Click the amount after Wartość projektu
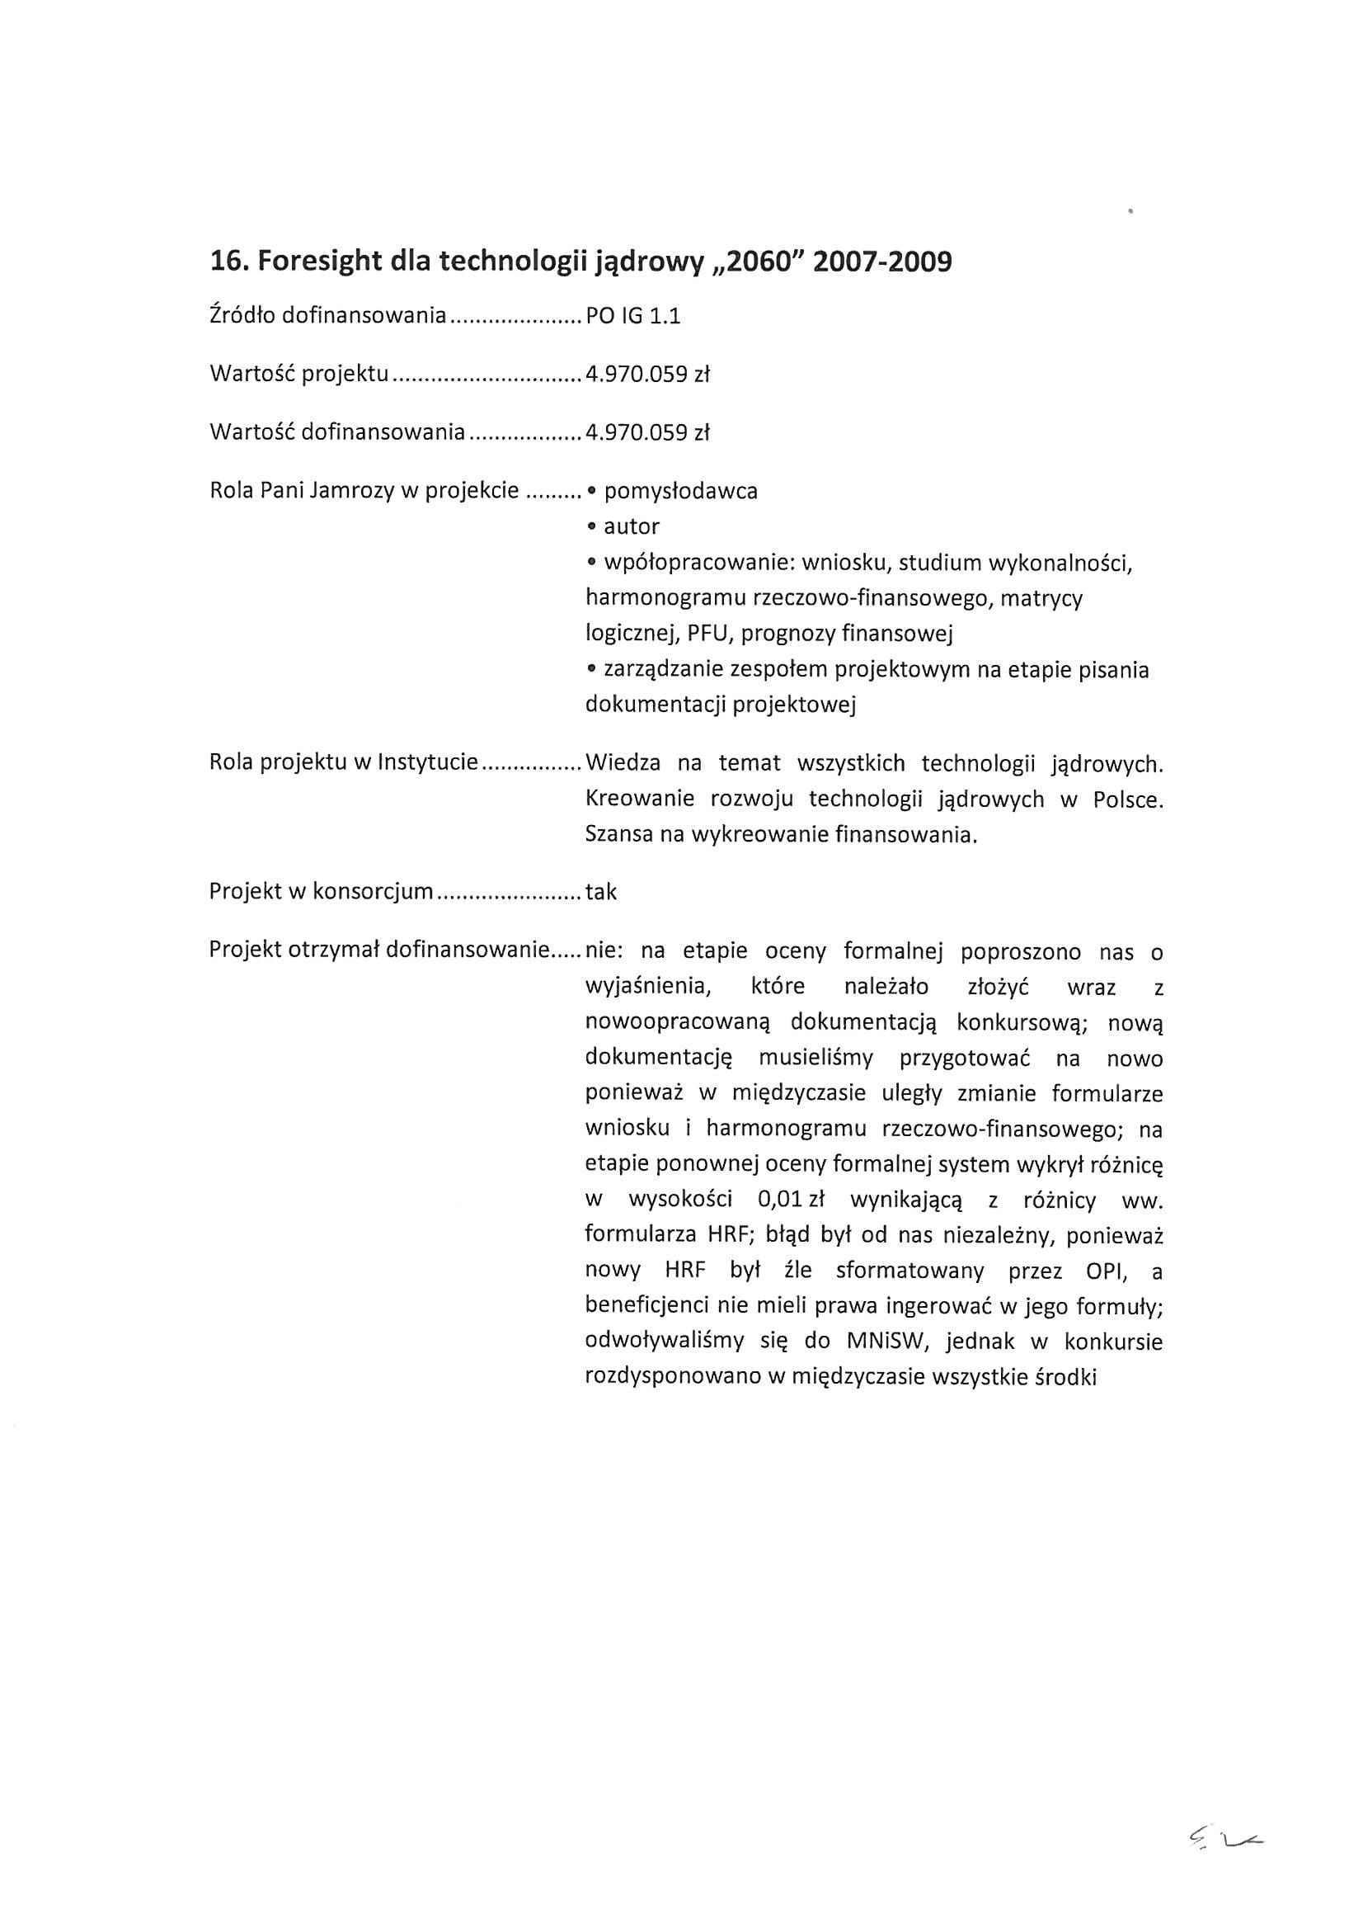click(647, 374)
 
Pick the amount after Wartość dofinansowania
click(647, 432)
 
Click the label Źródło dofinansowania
click(327, 316)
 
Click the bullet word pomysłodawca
click(680, 491)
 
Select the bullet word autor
click(632, 526)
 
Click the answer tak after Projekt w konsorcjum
click(601, 892)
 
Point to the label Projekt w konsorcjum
click(321, 892)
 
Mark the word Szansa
click(623, 835)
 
